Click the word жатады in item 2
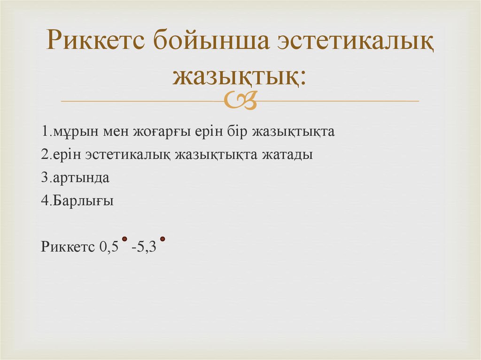(291, 155)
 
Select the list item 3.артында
(75, 178)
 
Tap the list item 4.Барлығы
(78, 202)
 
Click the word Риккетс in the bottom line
(68, 247)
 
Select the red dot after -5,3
(163, 239)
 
